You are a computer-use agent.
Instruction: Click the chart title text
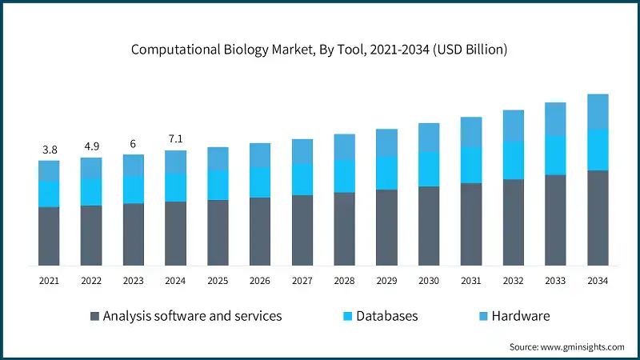320,50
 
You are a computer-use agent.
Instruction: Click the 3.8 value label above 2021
49,150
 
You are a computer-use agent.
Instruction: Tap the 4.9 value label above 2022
91,146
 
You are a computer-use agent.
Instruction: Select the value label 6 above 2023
134,144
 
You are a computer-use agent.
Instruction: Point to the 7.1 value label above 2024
176,139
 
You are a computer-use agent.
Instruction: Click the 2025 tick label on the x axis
218,281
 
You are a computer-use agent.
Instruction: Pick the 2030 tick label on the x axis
429,281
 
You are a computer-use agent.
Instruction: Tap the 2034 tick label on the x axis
598,281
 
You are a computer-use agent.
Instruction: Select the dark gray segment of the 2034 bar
598,218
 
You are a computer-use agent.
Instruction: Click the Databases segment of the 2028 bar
345,176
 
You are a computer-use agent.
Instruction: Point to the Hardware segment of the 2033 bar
555,119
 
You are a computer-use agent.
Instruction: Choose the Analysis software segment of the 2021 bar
49,236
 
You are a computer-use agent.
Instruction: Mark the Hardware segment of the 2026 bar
260,155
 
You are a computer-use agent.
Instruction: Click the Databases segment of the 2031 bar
471,165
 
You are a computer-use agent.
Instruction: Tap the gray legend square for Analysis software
95,316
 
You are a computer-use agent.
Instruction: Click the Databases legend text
387,316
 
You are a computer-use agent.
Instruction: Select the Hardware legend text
521,316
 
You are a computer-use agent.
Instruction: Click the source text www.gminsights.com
566,346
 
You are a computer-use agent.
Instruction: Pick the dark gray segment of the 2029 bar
386,227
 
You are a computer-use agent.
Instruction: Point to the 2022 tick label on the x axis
91,281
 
